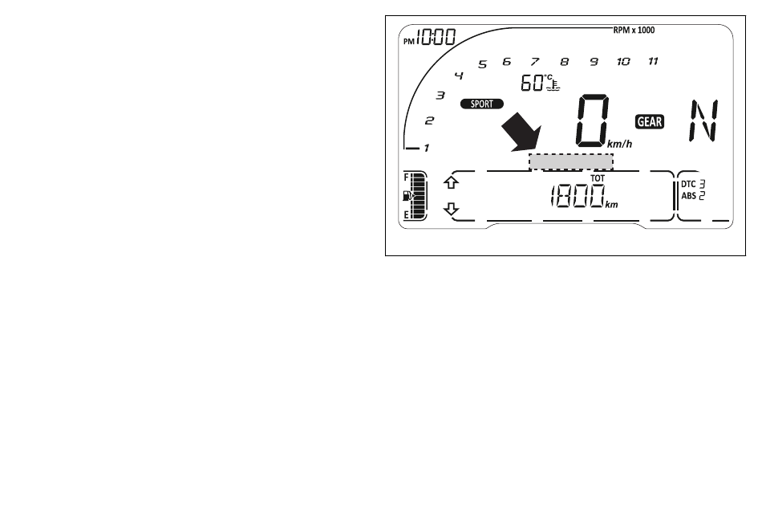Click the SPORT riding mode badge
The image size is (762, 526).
pyautogui.click(x=482, y=104)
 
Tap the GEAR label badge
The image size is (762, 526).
pyautogui.click(x=650, y=121)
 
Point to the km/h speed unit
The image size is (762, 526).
pyautogui.click(x=618, y=144)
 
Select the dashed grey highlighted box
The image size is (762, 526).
pyautogui.click(x=570, y=161)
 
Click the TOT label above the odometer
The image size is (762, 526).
pyautogui.click(x=597, y=177)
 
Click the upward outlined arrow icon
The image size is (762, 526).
pyautogui.click(x=452, y=182)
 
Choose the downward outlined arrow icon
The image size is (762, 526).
pyautogui.click(x=452, y=210)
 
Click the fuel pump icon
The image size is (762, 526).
pyautogui.click(x=409, y=195)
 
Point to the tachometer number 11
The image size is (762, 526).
pyautogui.click(x=653, y=61)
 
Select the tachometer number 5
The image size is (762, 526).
pyautogui.click(x=482, y=65)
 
